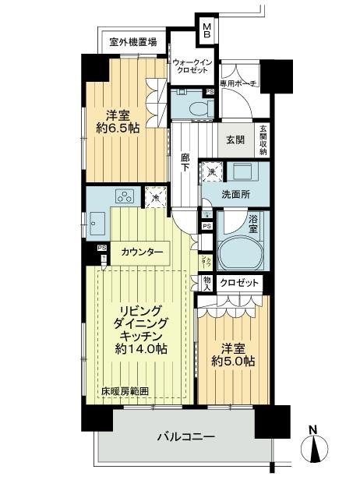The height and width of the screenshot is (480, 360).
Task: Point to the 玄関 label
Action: point(236,139)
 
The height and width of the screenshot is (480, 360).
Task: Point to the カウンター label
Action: point(142,252)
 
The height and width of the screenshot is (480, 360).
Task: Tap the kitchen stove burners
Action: point(125,196)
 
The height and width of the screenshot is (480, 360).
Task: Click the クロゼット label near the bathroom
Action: point(240,283)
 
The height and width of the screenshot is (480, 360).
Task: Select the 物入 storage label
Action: point(206,283)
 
